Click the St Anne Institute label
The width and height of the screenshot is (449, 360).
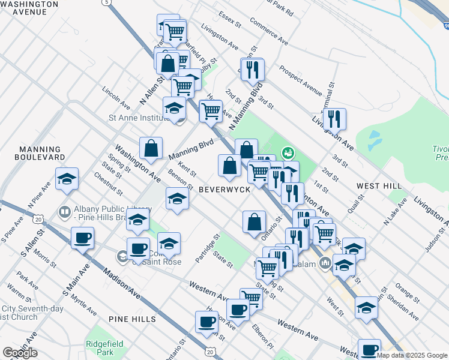(137, 118)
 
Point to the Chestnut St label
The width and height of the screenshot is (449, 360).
(108, 185)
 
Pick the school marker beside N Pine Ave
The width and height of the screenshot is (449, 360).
(67, 178)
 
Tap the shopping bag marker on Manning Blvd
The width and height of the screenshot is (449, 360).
(151, 148)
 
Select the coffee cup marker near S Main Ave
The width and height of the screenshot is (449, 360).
(82, 238)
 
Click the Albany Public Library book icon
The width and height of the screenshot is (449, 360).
(64, 212)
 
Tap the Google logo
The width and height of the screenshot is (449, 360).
(20, 353)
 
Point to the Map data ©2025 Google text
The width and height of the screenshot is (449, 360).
(412, 355)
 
